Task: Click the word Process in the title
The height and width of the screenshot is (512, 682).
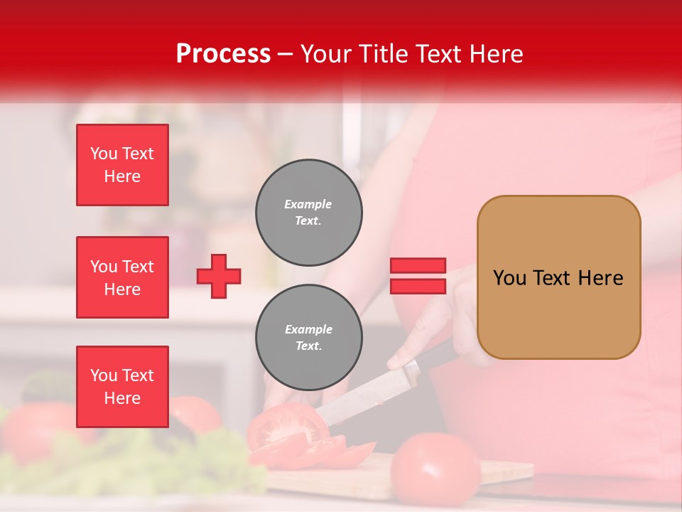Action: pyautogui.click(x=223, y=54)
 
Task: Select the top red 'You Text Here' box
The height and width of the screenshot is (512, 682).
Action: pyautogui.click(x=122, y=165)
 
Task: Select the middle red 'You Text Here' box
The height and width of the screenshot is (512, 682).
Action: pyautogui.click(x=122, y=277)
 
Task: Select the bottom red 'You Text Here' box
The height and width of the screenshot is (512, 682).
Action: pyautogui.click(x=122, y=387)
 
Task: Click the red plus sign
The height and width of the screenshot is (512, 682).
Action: pyautogui.click(x=219, y=276)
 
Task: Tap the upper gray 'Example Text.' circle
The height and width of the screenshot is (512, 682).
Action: pyautogui.click(x=309, y=213)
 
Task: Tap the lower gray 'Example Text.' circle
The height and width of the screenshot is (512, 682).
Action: pyautogui.click(x=309, y=338)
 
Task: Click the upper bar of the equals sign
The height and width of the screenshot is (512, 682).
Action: pyautogui.click(x=418, y=266)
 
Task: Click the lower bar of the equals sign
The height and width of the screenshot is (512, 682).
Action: pyautogui.click(x=418, y=286)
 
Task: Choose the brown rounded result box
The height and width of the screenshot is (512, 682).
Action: pyautogui.click(x=558, y=277)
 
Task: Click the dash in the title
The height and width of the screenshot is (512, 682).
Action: pyautogui.click(x=286, y=54)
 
